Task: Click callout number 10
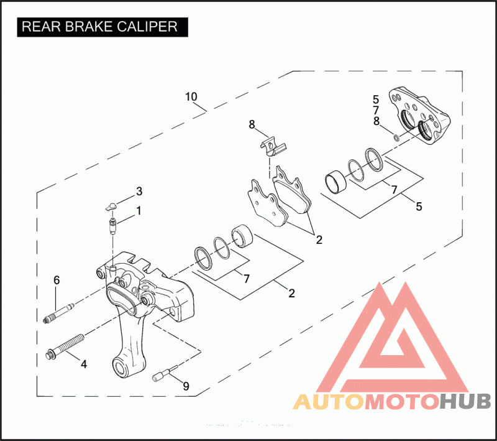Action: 191,96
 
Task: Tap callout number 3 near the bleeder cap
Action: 139,190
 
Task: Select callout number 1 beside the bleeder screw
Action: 139,210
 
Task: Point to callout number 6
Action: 57,281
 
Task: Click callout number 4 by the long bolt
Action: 83,363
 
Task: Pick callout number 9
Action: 185,386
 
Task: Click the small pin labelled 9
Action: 160,375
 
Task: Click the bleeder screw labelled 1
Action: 113,225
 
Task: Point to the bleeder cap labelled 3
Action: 111,206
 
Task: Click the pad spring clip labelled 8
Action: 271,147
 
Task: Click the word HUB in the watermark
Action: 465,402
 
